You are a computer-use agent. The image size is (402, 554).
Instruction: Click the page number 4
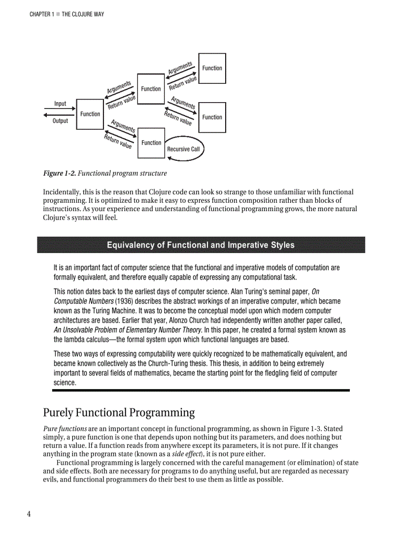point(29,514)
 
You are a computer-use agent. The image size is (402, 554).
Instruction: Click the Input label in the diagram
point(60,104)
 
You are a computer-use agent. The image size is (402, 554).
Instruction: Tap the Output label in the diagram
point(60,121)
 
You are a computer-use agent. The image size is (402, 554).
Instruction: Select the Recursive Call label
point(183,149)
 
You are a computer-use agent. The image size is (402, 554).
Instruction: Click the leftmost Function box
point(90,114)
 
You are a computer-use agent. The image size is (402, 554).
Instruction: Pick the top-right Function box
point(212,68)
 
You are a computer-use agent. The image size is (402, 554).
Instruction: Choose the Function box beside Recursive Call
point(151,143)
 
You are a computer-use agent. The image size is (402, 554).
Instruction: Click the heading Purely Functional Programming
point(119,412)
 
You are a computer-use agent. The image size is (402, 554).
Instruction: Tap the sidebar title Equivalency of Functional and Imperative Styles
point(201,245)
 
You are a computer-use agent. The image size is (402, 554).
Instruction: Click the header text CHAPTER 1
point(41,14)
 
